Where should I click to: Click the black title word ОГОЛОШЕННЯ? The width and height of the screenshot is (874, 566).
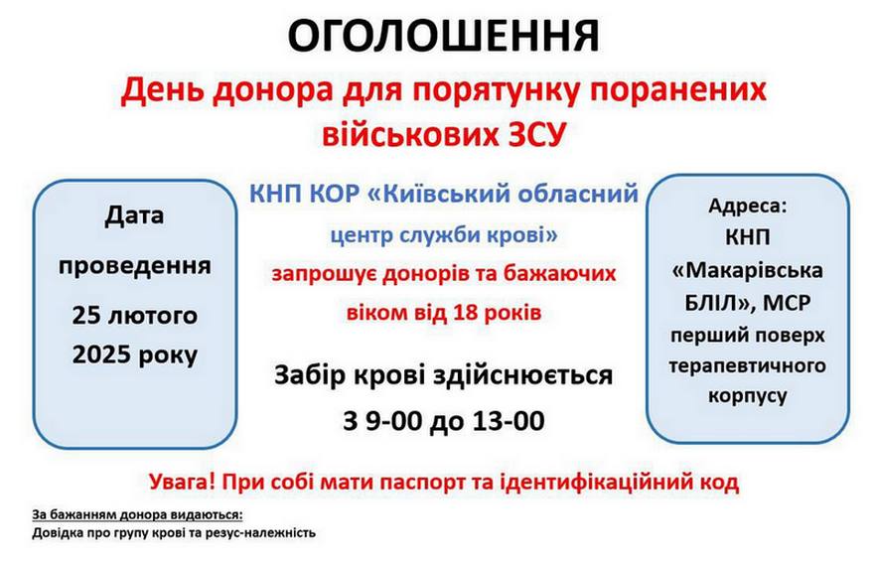click(x=443, y=36)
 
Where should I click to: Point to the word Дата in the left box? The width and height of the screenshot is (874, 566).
click(x=134, y=216)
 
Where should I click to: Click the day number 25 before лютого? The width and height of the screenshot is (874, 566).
click(x=85, y=316)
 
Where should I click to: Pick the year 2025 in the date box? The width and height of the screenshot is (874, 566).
click(x=99, y=354)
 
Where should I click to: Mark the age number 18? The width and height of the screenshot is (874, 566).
click(x=466, y=313)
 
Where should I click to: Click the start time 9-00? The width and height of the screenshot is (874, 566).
click(x=393, y=421)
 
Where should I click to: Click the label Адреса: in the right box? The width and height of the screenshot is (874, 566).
click(x=748, y=206)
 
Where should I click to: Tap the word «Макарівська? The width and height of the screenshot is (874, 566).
click(x=748, y=270)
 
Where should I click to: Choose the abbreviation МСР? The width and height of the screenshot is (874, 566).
click(x=787, y=303)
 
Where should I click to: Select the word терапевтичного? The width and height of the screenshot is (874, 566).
click(x=748, y=366)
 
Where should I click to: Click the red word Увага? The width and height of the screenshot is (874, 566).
click(x=183, y=482)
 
